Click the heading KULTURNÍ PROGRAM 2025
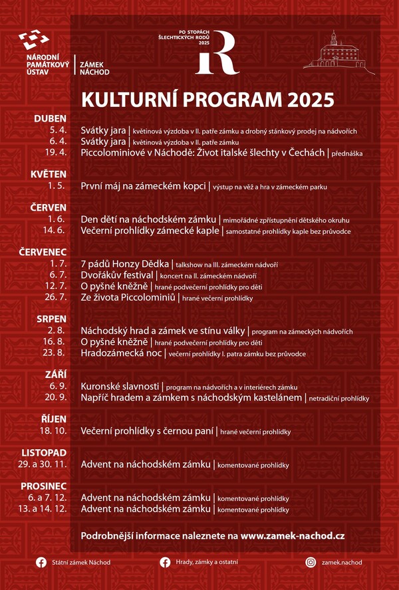click(x=207, y=100)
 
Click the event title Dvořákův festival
click(x=117, y=275)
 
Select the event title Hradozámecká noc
click(x=122, y=353)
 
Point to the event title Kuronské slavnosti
click(x=120, y=386)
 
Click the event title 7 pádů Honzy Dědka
click(x=124, y=264)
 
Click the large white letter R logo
click(x=217, y=52)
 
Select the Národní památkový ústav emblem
click(x=38, y=41)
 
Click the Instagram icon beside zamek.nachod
click(x=311, y=562)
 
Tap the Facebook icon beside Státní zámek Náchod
click(x=41, y=562)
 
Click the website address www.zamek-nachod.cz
click(x=292, y=535)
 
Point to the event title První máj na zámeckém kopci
click(x=143, y=186)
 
